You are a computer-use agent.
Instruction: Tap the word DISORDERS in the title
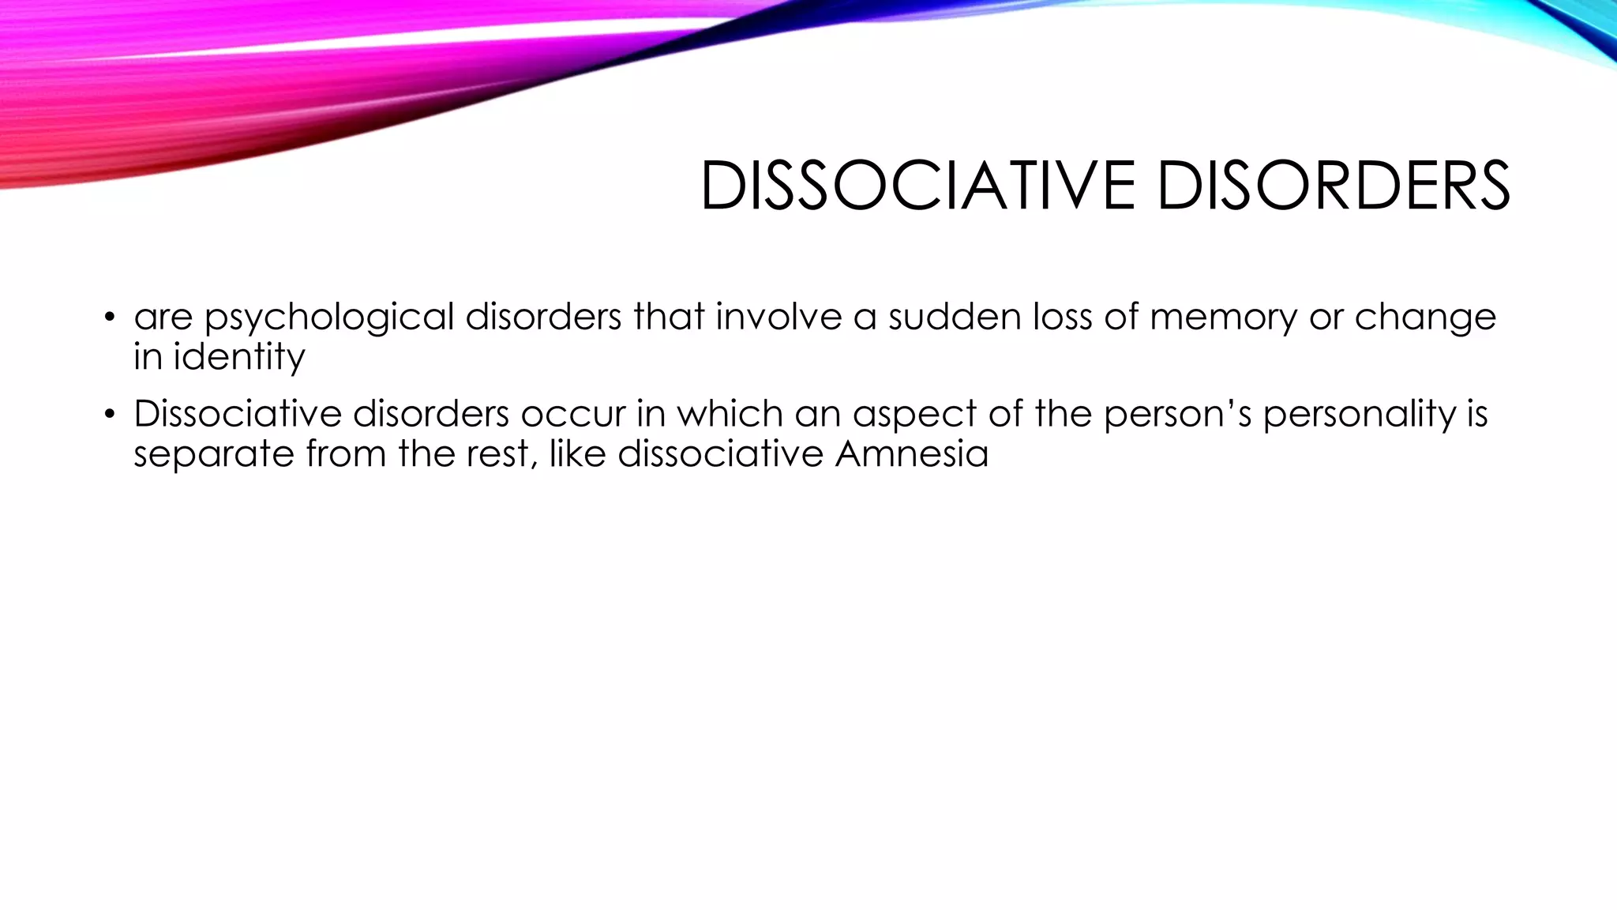(x=1334, y=186)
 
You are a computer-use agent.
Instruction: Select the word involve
(x=778, y=316)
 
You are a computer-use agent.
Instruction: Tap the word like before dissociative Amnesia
(x=576, y=453)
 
